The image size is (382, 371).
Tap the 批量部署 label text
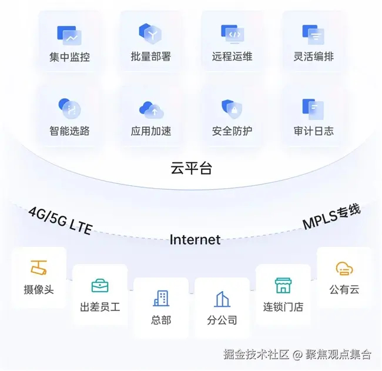click(151, 58)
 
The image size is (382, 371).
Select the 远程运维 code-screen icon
click(232, 35)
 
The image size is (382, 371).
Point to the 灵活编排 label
click(314, 58)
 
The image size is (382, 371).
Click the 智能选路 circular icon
click(69, 108)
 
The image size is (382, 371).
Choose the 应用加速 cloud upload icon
click(151, 109)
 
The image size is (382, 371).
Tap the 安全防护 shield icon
click(232, 108)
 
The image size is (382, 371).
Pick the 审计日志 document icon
click(314, 108)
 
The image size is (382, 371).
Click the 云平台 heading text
click(191, 169)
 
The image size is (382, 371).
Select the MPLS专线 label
click(331, 218)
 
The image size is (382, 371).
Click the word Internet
click(195, 239)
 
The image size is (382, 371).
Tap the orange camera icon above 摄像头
click(39, 268)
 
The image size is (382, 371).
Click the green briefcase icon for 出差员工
click(100, 286)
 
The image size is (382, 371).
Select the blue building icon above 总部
click(161, 299)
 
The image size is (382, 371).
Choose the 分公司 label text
click(222, 320)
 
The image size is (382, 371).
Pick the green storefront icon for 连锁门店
click(283, 285)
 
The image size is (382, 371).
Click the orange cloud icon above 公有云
click(344, 269)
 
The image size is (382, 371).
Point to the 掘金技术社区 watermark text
click(257, 355)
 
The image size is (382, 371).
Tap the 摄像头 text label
click(39, 289)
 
